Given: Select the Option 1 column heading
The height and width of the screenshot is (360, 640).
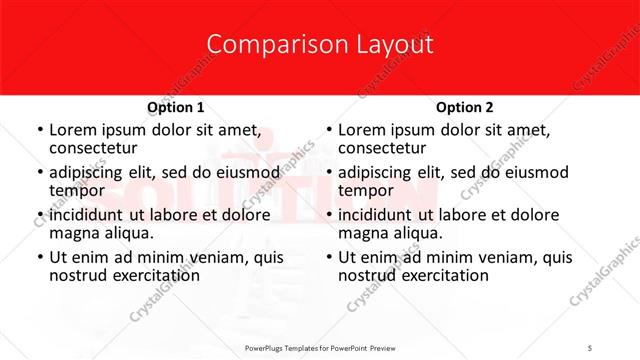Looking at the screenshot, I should coord(176,107).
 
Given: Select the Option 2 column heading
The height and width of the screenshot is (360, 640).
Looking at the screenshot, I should coord(465,107).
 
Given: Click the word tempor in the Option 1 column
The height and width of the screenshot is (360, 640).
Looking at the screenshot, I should coord(78,190).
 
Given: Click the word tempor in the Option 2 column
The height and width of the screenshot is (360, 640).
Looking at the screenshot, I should coord(367,190).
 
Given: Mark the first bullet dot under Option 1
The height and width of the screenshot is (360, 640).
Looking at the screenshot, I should coord(38,131).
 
